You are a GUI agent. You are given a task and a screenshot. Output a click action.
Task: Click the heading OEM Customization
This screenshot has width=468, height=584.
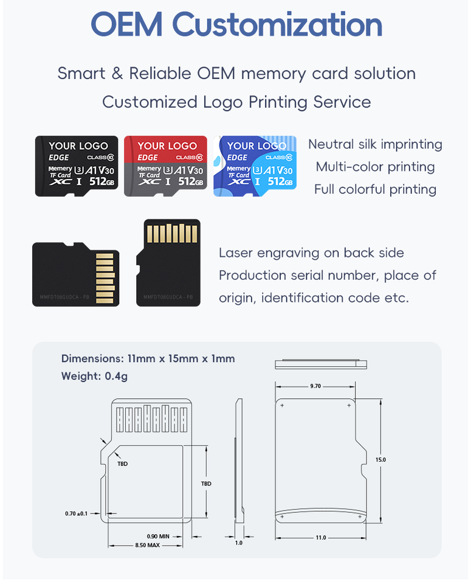coord(236,25)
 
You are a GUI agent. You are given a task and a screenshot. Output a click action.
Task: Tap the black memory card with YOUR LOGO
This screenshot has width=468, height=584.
coord(77,165)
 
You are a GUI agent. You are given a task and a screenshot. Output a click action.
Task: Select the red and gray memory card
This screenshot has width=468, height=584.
coord(166,165)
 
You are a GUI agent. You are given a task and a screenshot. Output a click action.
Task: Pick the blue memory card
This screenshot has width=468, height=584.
coord(255,165)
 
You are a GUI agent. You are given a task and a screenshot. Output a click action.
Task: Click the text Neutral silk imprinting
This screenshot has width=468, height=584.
coord(375,144)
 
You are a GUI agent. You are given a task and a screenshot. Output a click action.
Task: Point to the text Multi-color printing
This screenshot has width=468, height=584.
coord(375,167)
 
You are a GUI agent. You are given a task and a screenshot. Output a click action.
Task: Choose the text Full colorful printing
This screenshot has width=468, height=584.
coord(375,189)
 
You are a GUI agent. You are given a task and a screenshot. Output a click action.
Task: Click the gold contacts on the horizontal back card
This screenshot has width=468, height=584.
coord(106,274)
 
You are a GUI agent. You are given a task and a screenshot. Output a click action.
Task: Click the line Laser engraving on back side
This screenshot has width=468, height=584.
coord(311,253)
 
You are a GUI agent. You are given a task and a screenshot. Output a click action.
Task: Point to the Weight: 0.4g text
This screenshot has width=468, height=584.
coord(94,376)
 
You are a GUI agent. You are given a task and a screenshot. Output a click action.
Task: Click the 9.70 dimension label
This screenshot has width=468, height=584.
coord(315,386)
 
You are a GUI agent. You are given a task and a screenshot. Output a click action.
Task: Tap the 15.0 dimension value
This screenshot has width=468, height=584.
coord(380,460)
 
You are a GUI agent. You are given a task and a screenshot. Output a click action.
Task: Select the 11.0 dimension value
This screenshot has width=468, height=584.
coord(320,537)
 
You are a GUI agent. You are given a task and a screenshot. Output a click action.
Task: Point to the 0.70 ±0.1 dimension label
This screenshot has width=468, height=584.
coord(76,513)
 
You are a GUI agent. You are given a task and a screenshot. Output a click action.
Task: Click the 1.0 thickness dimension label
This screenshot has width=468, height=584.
coord(238,543)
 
